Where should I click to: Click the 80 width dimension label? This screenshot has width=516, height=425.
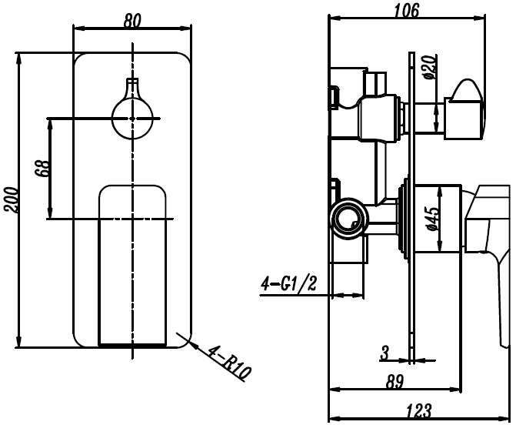[132, 21]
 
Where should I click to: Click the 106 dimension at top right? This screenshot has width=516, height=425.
[407, 11]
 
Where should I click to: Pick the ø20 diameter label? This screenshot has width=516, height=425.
[429, 68]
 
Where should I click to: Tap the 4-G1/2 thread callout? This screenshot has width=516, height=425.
[288, 283]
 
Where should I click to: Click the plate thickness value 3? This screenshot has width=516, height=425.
[385, 353]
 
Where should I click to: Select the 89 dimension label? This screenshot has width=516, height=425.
[394, 382]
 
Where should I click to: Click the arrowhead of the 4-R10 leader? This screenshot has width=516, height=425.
[193, 345]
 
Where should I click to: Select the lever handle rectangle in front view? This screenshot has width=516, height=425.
[132, 266]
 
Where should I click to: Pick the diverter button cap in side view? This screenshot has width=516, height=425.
[464, 109]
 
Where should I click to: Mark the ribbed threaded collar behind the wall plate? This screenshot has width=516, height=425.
[403, 218]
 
